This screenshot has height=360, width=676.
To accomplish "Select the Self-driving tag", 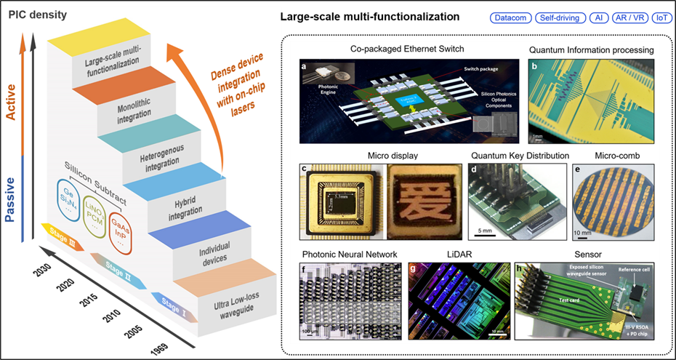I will [x=559, y=17].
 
